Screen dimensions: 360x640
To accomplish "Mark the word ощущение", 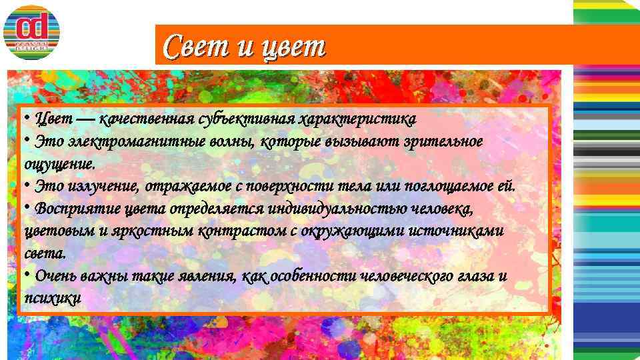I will click(x=59, y=164).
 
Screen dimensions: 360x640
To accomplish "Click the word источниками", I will click(x=463, y=231).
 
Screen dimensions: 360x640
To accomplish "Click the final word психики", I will click(x=53, y=298).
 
